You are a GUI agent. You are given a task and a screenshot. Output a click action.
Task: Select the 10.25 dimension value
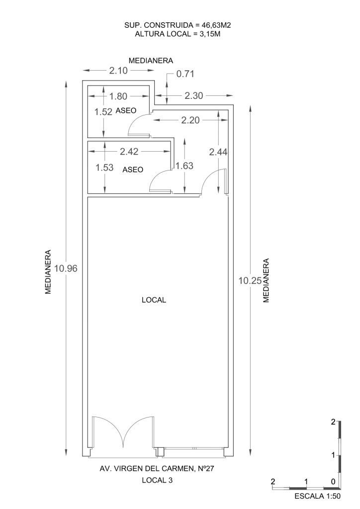[x=250, y=280]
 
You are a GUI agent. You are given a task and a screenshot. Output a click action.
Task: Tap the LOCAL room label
[x=154, y=300]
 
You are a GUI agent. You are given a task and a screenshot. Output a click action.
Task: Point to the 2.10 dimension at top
[x=118, y=71]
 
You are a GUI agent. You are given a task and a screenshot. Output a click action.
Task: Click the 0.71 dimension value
[x=184, y=75]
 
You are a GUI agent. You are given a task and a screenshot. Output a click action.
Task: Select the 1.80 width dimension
[x=118, y=96]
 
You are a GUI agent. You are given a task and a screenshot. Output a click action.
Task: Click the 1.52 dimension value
[x=103, y=112]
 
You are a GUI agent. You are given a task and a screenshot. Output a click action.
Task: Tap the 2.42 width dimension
[x=129, y=151]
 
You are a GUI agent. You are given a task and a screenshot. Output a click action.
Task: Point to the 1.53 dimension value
[x=104, y=168]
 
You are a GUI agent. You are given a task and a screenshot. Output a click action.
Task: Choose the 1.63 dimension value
[x=184, y=166]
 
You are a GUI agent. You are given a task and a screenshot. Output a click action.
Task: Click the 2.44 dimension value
[x=218, y=153]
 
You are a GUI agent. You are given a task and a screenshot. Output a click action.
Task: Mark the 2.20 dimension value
[x=190, y=120]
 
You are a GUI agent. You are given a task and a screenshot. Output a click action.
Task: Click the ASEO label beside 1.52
[x=126, y=111]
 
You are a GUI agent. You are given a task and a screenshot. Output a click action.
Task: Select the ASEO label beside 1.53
[x=133, y=170]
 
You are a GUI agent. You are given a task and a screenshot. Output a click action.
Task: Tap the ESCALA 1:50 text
[x=317, y=496]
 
